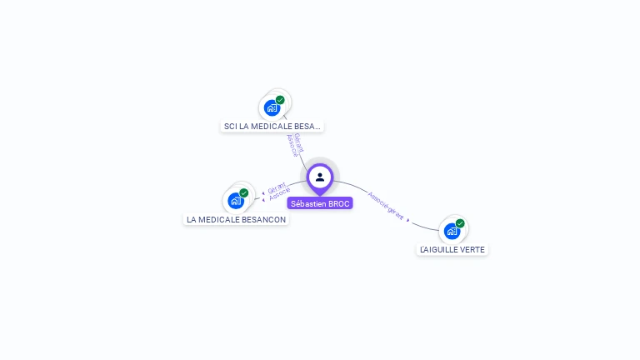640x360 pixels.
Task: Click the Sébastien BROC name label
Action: click(x=320, y=203)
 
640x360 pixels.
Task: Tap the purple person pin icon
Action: click(x=320, y=177)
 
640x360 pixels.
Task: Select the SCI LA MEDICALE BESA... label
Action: click(x=272, y=127)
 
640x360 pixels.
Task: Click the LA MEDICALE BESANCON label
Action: click(x=236, y=220)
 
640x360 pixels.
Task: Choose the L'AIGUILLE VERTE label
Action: click(x=452, y=249)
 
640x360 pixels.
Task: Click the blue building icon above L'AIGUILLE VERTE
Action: click(x=452, y=231)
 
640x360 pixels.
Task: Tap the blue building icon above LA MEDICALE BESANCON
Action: click(x=236, y=200)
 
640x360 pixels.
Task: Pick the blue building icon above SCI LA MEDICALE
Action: click(x=272, y=107)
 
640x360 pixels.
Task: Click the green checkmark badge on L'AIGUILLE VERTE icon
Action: click(x=460, y=223)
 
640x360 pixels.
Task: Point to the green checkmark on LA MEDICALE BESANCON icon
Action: click(x=244, y=192)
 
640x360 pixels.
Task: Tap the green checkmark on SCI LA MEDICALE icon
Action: click(x=280, y=100)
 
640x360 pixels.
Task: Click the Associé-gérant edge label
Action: click(x=386, y=207)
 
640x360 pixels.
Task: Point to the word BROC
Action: click(x=339, y=203)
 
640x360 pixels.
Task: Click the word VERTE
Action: click(x=471, y=249)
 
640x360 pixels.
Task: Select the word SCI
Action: click(x=231, y=127)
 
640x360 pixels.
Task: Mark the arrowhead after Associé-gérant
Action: click(x=408, y=220)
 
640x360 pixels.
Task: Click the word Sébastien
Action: click(x=308, y=203)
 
